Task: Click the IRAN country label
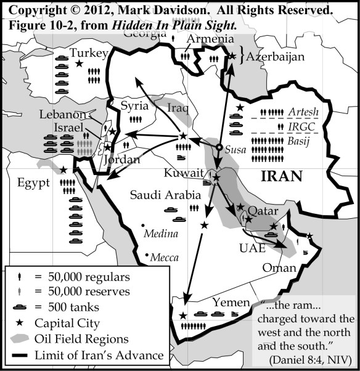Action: [x=282, y=176]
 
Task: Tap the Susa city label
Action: [x=235, y=150]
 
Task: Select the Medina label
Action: [x=160, y=234]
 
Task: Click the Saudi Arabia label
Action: [x=165, y=195]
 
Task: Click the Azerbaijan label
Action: [x=276, y=57]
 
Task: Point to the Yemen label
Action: [x=229, y=302]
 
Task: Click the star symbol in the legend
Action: [x=21, y=322]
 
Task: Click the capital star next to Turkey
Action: [x=78, y=63]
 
